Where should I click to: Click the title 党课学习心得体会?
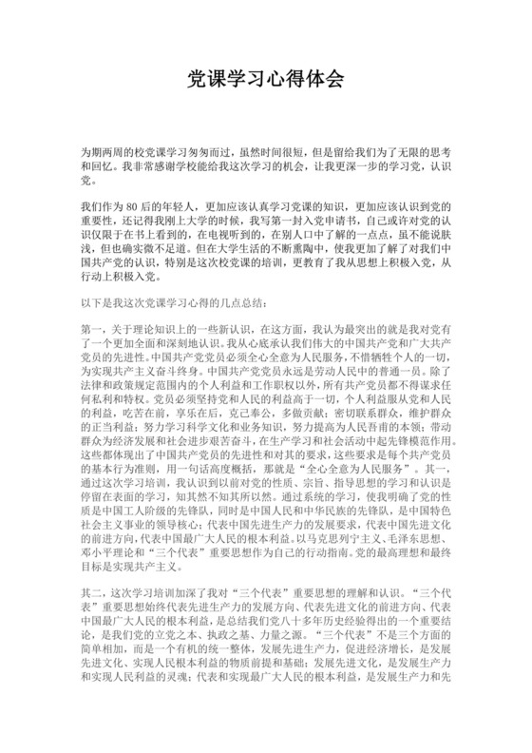pyautogui.click(x=265, y=79)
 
